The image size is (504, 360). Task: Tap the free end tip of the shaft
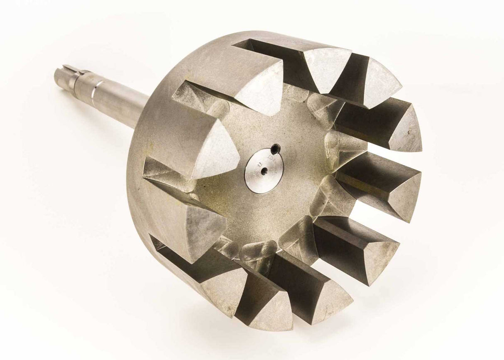tap(57, 75)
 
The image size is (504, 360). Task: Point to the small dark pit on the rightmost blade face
tap(409, 132)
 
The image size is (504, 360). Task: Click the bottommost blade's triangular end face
tap(272, 309)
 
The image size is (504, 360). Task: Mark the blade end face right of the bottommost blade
tap(328, 297)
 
